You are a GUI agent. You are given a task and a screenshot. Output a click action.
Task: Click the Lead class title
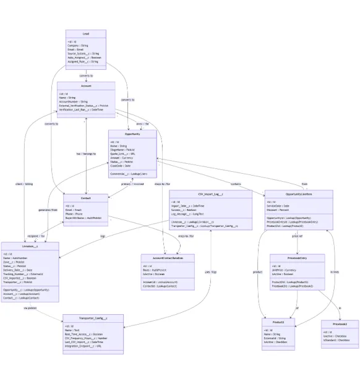86,34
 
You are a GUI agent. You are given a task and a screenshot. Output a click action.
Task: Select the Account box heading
86,86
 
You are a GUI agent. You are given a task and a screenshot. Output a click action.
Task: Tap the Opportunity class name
132,134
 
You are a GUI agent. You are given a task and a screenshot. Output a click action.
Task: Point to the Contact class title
86,198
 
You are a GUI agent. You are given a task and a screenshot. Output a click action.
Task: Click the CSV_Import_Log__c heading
210,194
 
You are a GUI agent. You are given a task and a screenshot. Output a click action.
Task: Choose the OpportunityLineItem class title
298,194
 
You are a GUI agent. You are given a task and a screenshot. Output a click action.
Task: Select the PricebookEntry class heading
298,258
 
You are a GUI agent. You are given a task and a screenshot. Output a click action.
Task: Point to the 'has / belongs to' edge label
86,153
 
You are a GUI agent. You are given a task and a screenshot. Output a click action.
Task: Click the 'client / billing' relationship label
24,184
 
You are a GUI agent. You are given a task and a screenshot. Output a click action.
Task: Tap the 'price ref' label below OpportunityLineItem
298,236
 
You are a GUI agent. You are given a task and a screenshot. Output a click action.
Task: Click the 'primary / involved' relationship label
132,184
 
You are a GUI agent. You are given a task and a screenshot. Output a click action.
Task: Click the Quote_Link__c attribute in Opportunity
127,153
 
